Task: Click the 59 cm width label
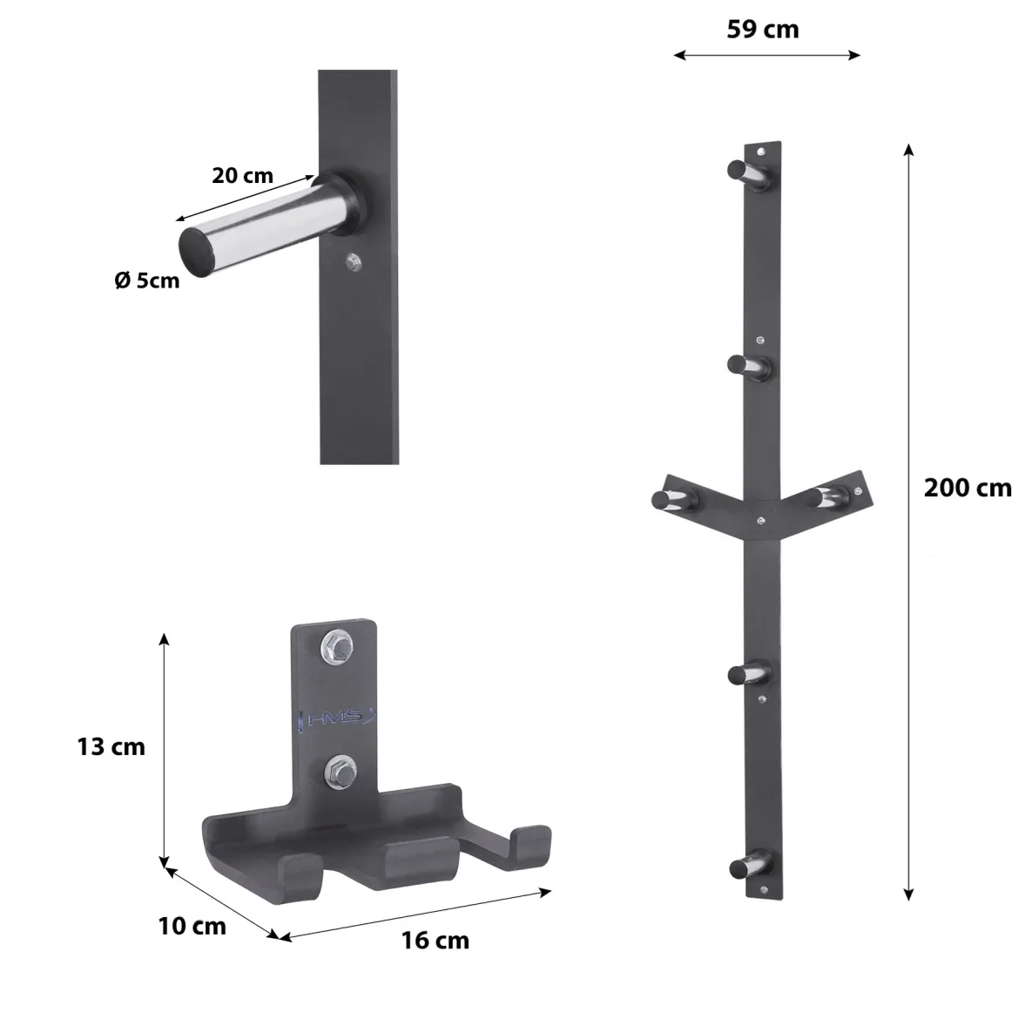click(x=762, y=30)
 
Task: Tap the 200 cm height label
click(x=967, y=488)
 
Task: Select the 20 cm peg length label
click(x=242, y=175)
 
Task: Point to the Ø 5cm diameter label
click(x=147, y=280)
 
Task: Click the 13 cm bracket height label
click(x=111, y=746)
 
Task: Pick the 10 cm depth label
click(x=192, y=926)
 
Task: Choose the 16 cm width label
click(x=435, y=941)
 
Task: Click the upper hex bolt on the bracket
click(x=337, y=646)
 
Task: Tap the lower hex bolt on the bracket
click(x=341, y=773)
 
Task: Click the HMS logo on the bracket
click(x=338, y=719)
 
